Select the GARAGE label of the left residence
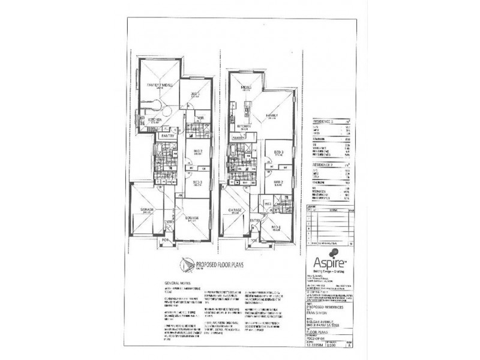[148, 209]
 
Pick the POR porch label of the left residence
[165, 239]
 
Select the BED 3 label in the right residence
[277, 152]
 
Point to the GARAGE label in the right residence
[235, 209]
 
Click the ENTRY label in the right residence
[255, 221]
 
